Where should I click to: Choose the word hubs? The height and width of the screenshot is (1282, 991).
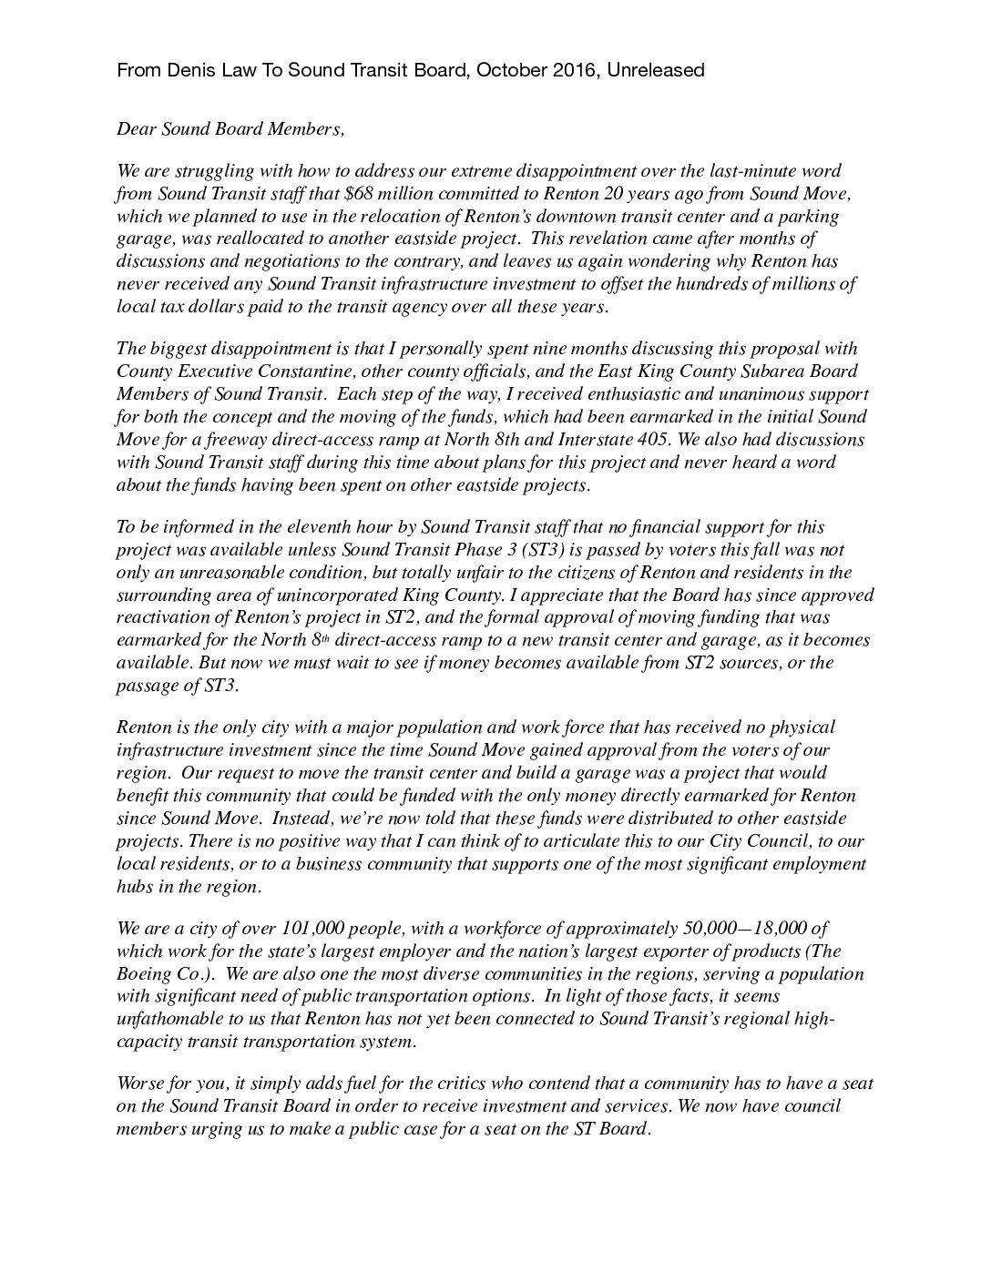[x=134, y=887]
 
